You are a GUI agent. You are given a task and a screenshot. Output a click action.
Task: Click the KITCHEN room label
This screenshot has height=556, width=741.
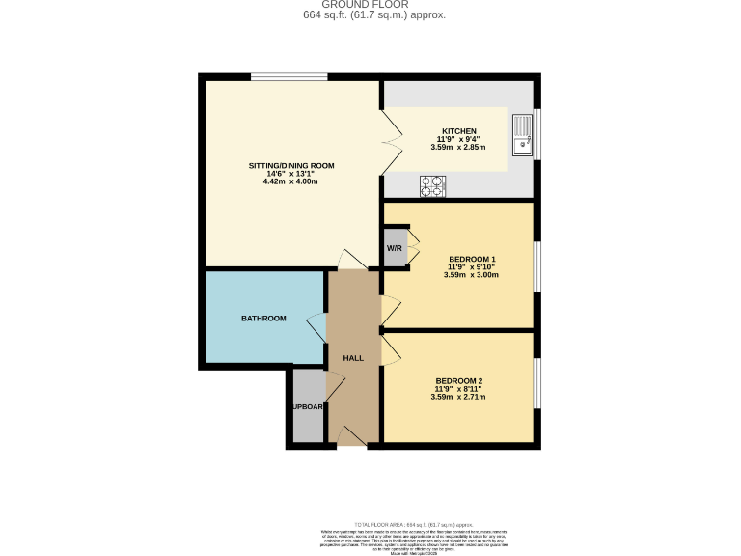(458, 131)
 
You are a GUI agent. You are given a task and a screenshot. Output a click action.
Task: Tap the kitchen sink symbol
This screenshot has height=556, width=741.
(522, 134)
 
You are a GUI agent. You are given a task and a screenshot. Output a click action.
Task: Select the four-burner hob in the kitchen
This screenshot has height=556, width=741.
(431, 184)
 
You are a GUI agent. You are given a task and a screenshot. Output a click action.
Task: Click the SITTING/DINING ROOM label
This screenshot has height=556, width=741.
(291, 166)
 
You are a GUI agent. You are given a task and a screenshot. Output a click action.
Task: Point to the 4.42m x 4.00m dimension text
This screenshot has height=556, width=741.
(291, 181)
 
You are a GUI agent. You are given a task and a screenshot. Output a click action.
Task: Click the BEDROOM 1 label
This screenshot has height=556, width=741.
(472, 259)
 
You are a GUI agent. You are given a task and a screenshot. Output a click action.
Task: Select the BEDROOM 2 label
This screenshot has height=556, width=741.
(458, 380)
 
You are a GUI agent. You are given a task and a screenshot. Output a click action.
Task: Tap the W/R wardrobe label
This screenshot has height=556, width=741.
(395, 248)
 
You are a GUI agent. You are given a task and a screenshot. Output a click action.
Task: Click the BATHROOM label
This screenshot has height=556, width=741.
(263, 319)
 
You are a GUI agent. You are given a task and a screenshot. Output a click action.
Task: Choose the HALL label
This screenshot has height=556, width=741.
(353, 358)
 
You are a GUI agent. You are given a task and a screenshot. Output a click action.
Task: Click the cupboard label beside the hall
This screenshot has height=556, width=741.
(308, 406)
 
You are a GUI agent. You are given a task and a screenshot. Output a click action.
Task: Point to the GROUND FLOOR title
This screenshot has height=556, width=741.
(370, 5)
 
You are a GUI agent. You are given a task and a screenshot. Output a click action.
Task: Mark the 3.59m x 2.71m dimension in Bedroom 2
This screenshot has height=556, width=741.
(458, 397)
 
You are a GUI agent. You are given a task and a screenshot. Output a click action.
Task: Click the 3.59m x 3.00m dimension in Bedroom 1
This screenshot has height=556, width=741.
(472, 275)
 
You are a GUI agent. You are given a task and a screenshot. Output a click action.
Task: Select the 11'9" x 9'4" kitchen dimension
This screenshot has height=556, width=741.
(458, 140)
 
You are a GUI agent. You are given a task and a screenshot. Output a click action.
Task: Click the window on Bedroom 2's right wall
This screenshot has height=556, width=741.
(536, 385)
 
